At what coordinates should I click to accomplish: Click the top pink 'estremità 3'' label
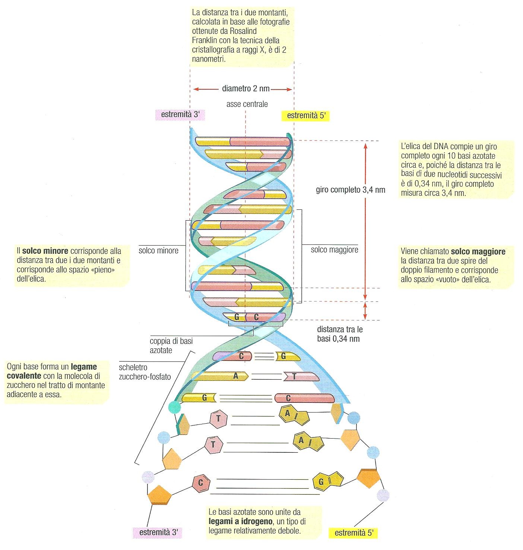point(180,115)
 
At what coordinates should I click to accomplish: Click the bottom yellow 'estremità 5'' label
point(353,533)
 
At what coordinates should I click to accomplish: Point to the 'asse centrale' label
point(247,104)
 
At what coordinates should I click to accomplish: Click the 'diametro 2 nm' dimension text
point(245,89)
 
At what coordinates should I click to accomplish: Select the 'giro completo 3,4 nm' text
point(350,190)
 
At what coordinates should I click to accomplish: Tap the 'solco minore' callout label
point(158,251)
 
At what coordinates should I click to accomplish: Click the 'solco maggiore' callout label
point(335,250)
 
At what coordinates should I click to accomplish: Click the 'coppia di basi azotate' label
point(171,345)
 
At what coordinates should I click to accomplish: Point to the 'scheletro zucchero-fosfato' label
point(145,372)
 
